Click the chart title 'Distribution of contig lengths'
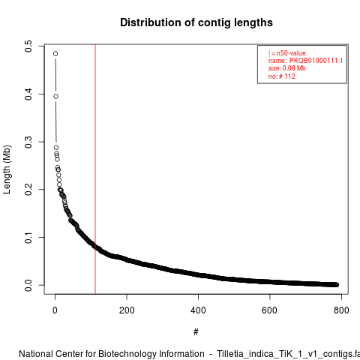click(x=196, y=22)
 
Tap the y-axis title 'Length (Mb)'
click(x=7, y=169)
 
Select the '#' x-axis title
click(x=196, y=331)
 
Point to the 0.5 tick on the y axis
click(x=28, y=46)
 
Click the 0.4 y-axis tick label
click(x=28, y=94)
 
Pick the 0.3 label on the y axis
click(x=28, y=142)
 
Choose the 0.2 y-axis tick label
click(x=28, y=190)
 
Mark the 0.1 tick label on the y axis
click(x=28, y=237)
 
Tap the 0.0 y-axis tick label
click(x=28, y=285)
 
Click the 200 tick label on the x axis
click(x=127, y=310)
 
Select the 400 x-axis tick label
click(x=198, y=310)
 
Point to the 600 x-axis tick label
click(x=270, y=310)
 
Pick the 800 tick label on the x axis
click(x=341, y=310)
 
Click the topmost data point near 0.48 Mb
click(x=55, y=53)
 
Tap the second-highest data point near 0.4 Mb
click(x=55, y=97)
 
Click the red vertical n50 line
click(x=95, y=169)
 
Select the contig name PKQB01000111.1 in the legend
click(x=316, y=61)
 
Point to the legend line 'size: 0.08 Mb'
click(x=287, y=68)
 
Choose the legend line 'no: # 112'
click(x=282, y=76)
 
